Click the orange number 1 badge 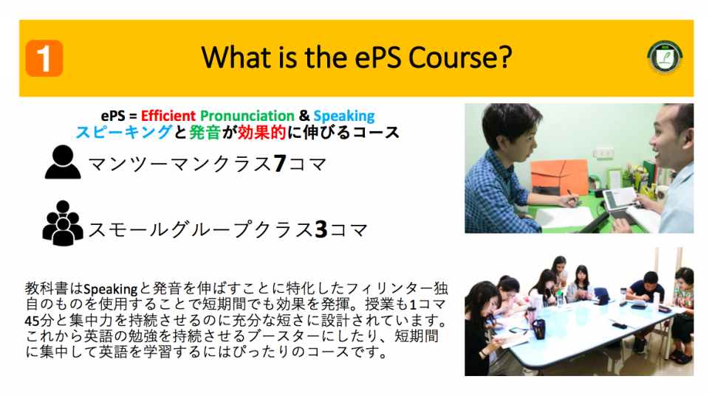(x=44, y=58)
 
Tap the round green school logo (x=665, y=58)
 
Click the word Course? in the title (x=460, y=58)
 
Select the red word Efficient (x=168, y=116)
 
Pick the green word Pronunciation (x=247, y=116)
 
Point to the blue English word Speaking (x=344, y=116)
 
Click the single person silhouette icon (x=63, y=162)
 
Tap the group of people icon (x=63, y=223)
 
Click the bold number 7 (x=280, y=164)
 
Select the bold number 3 (x=321, y=229)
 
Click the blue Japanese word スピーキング (x=124, y=132)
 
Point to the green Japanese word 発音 (x=205, y=132)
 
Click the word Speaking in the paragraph (x=110, y=289)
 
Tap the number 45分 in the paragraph (x=39, y=321)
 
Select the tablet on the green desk (x=620, y=199)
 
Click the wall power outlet (x=605, y=153)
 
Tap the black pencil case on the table (x=538, y=329)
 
